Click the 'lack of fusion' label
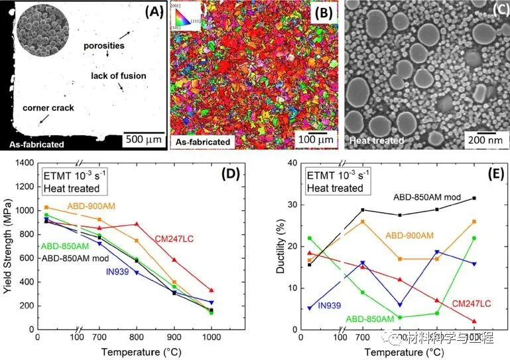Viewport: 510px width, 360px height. point(118,76)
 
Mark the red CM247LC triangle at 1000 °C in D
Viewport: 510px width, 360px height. point(212,290)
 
